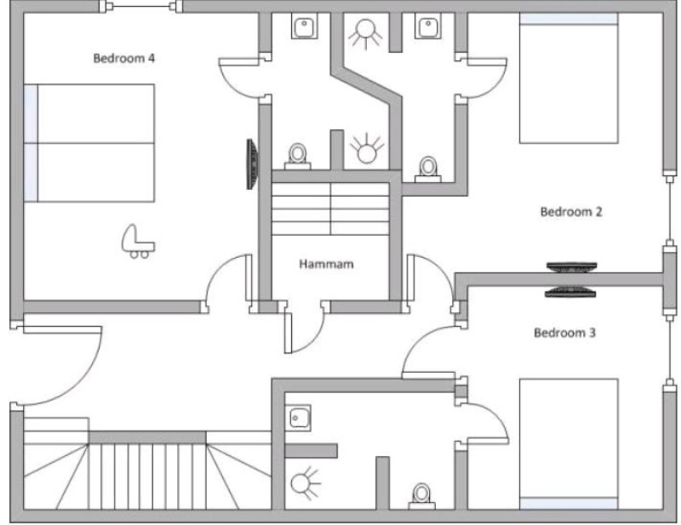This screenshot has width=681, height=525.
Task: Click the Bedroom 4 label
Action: (x=123, y=58)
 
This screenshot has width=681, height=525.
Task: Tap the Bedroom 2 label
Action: (x=571, y=212)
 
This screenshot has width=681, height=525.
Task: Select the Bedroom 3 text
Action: (x=564, y=333)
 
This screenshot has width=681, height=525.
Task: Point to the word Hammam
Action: (x=326, y=264)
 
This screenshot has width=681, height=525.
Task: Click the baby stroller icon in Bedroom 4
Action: (x=138, y=242)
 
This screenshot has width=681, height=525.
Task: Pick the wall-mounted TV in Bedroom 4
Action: (x=252, y=164)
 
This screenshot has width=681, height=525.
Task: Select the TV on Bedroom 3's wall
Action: (x=570, y=292)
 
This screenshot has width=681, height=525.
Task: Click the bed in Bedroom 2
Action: (x=569, y=77)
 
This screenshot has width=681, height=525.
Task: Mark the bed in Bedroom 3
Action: (x=569, y=444)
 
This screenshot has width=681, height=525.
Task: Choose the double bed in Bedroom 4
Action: (x=89, y=143)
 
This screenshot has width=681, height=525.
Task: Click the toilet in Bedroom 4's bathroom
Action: (x=297, y=157)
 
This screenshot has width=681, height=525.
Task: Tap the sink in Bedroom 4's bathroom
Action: (x=304, y=27)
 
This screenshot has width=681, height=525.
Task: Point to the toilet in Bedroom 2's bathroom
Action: (x=428, y=169)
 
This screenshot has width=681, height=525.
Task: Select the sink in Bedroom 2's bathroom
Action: (x=427, y=26)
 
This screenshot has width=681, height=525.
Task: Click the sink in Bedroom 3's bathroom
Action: (x=299, y=418)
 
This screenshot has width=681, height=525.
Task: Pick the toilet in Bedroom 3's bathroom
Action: (x=421, y=496)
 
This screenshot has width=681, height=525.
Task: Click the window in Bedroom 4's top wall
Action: (x=140, y=6)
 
